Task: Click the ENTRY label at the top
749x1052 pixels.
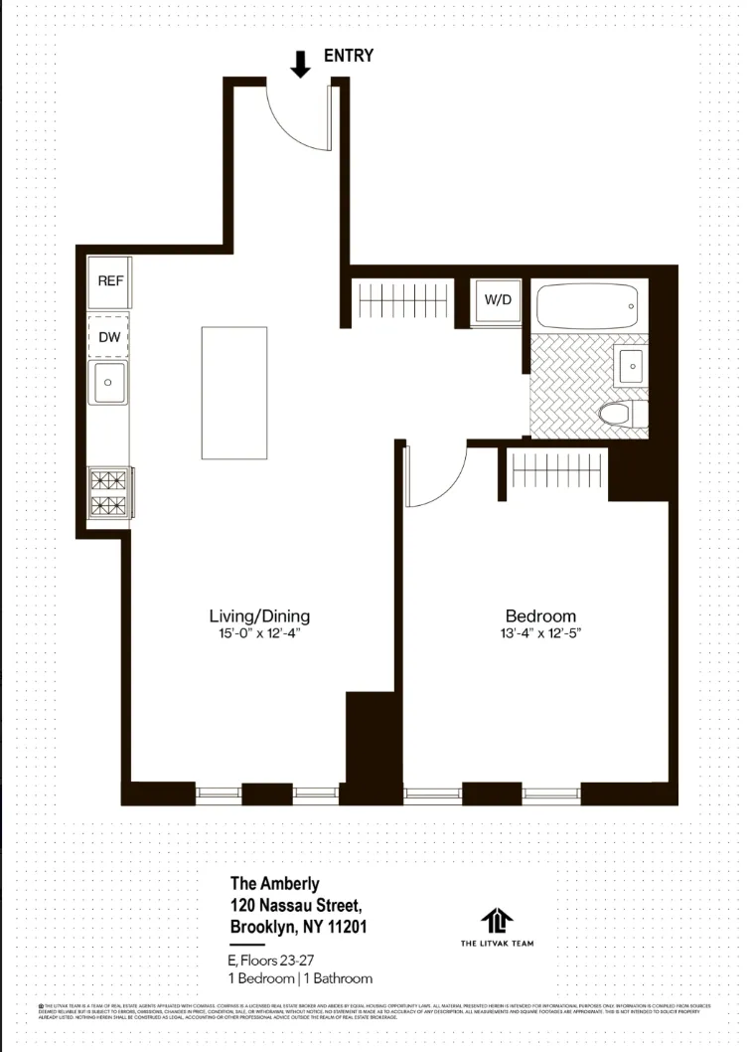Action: click(x=349, y=56)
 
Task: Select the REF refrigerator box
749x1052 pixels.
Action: click(x=110, y=281)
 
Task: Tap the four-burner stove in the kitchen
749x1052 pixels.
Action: click(x=109, y=492)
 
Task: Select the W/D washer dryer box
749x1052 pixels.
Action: click(x=498, y=300)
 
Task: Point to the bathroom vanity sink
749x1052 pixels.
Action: click(x=630, y=367)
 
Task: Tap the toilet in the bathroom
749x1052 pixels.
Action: click(x=624, y=414)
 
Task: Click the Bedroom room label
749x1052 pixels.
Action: click(x=539, y=615)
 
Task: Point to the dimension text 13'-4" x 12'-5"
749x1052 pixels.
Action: click(x=539, y=633)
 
